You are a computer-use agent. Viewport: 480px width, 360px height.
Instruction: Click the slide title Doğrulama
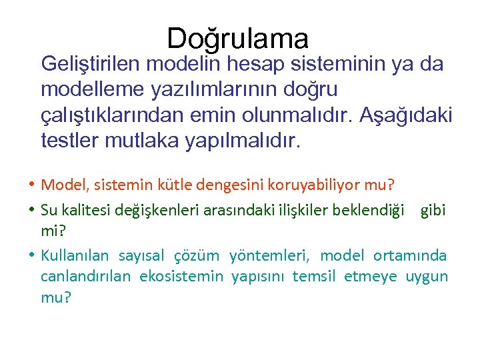click(x=238, y=39)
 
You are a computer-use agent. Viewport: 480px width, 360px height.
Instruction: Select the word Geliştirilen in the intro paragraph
click(x=91, y=65)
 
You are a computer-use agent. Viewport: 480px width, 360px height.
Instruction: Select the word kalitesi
click(x=85, y=211)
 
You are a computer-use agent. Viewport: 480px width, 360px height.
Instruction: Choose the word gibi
click(x=433, y=211)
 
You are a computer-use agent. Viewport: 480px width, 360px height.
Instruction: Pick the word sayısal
click(x=141, y=255)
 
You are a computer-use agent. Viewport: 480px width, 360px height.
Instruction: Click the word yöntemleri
click(x=270, y=255)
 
